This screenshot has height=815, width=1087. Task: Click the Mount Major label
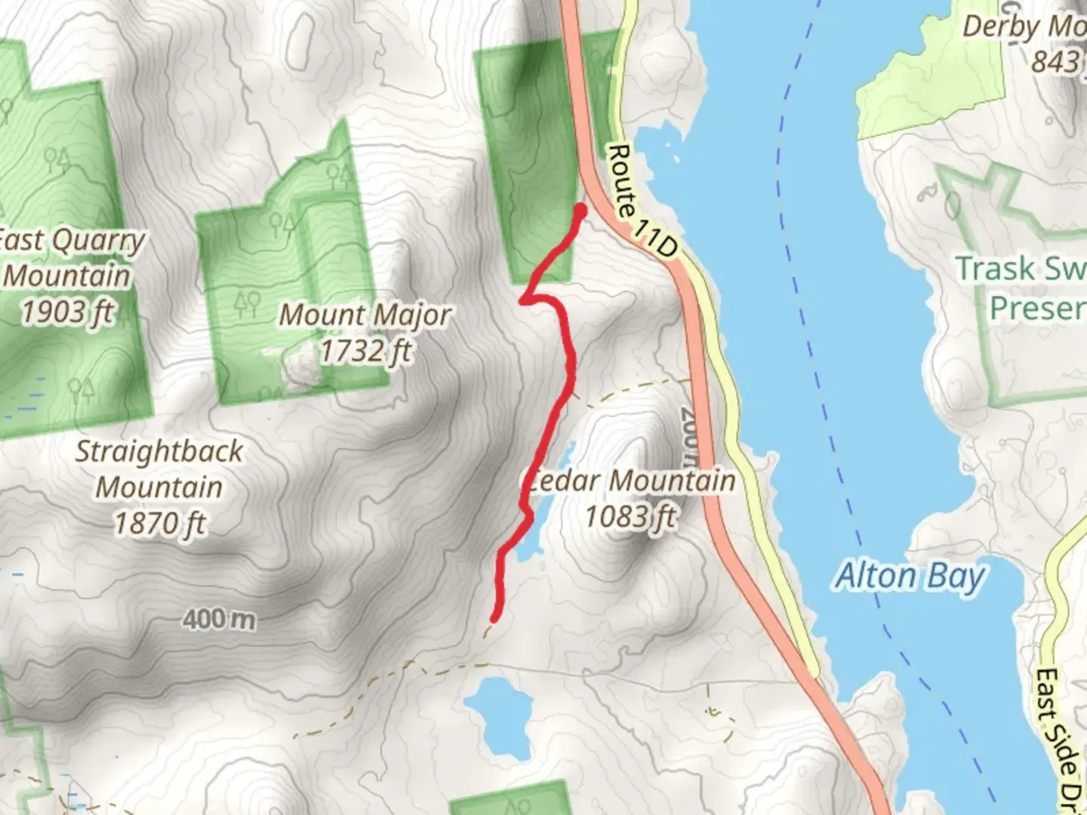pyautogui.click(x=365, y=315)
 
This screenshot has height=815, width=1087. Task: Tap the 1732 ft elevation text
pyautogui.click(x=366, y=351)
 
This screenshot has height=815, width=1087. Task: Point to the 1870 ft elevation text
pyautogui.click(x=159, y=523)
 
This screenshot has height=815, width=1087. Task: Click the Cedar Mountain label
pyautogui.click(x=631, y=481)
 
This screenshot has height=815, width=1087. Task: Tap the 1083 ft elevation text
pyautogui.click(x=631, y=517)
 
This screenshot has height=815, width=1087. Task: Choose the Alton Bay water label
pyautogui.click(x=910, y=577)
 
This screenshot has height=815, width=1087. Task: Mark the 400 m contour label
pyautogui.click(x=219, y=620)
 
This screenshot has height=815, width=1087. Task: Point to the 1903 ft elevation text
pyautogui.click(x=68, y=311)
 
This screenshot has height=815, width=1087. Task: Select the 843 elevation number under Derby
pyautogui.click(x=1055, y=62)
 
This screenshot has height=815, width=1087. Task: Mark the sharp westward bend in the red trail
pyautogui.click(x=523, y=301)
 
